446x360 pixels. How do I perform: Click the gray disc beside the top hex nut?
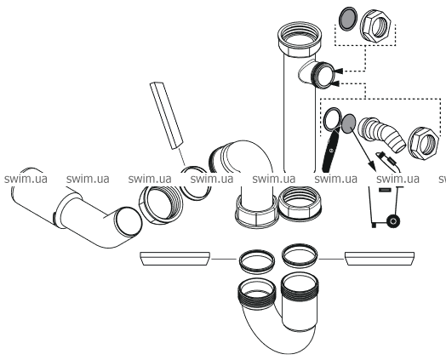point(348,18)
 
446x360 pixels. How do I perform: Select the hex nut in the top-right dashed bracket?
point(378,26)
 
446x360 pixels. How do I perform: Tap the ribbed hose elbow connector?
point(381,132)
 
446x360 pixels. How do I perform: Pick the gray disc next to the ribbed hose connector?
point(348,123)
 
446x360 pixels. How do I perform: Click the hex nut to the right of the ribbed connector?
point(423,143)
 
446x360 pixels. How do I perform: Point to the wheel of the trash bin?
point(393,220)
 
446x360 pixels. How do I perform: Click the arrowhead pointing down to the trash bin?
point(372,166)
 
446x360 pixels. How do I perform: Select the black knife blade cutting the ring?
point(331,151)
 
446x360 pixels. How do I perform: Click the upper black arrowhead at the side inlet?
point(339,71)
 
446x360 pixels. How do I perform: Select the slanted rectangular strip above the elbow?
point(166,116)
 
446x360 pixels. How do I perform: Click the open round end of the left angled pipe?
point(128,221)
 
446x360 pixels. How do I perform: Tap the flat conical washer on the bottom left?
point(175,259)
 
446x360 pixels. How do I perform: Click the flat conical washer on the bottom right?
point(380,259)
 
